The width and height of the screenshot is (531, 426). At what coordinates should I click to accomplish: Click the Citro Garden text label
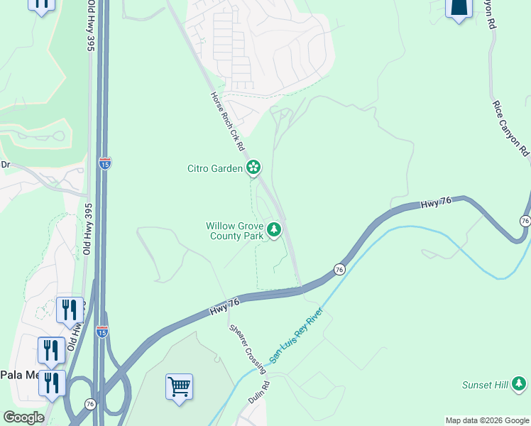[214, 168]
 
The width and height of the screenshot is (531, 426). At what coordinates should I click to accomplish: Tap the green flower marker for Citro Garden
[253, 168]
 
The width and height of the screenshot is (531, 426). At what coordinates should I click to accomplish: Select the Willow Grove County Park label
[234, 231]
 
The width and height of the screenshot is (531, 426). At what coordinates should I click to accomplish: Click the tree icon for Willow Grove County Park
[274, 229]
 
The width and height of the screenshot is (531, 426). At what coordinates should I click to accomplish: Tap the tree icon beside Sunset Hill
[519, 384]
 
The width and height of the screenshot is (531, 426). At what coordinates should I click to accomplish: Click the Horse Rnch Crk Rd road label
[227, 121]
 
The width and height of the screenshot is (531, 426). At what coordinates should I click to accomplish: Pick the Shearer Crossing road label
[248, 349]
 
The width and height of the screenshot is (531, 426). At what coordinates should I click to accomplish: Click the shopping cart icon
[179, 387]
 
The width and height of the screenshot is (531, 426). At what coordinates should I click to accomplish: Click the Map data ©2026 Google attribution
[487, 420]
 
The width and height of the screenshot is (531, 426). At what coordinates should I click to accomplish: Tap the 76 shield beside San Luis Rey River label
[339, 270]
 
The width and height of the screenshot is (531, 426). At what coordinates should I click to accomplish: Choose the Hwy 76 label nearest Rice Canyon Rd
[436, 203]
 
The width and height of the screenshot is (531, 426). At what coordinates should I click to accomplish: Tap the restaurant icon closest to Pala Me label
[52, 383]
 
